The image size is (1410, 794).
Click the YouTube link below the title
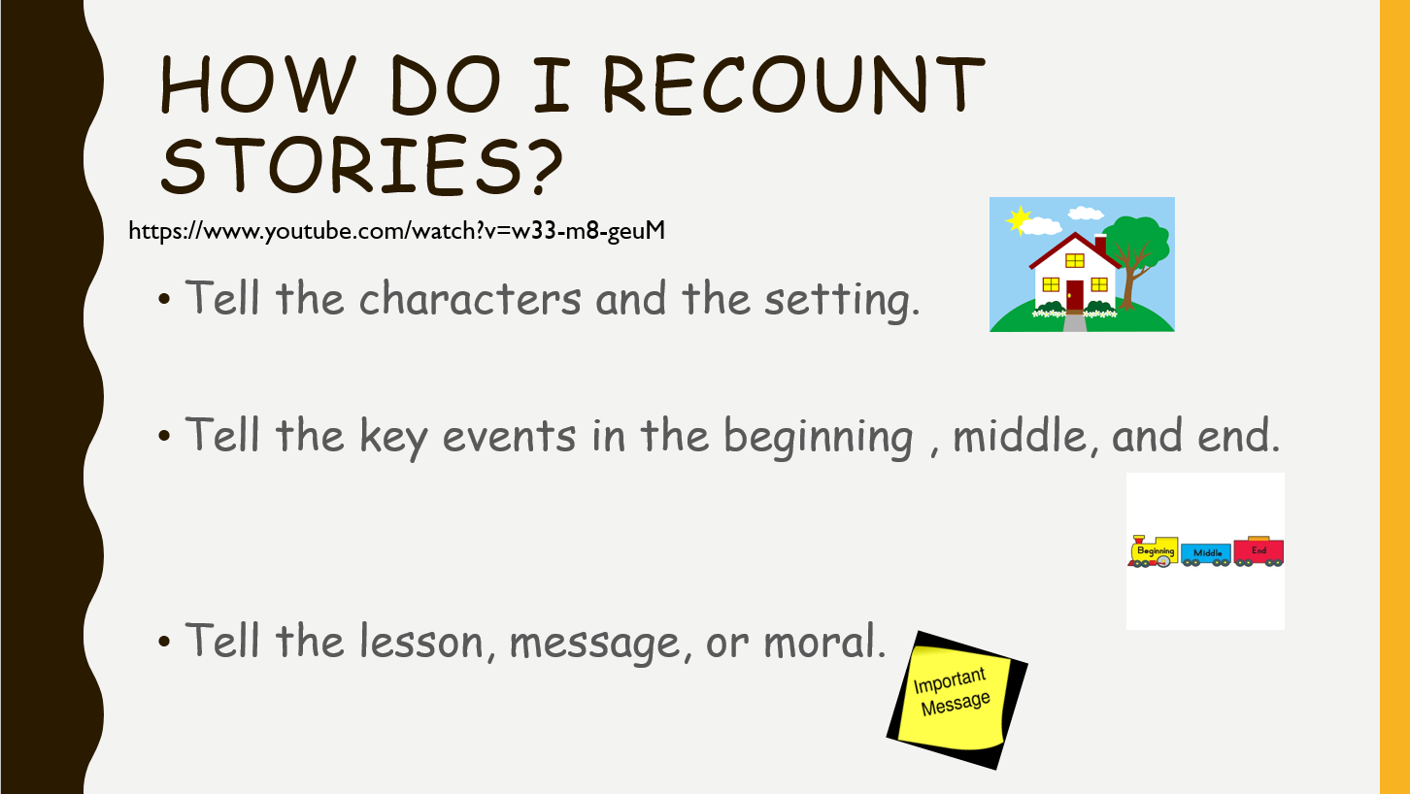tap(396, 231)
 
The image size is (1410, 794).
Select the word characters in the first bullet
tap(470, 298)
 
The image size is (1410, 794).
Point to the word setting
tap(842, 301)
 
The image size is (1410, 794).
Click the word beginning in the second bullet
tap(818, 437)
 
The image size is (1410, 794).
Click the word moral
tap(824, 641)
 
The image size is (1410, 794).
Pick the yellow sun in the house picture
tap(1018, 220)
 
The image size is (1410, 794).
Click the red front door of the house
tap(1075, 295)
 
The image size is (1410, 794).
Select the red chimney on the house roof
tap(1100, 244)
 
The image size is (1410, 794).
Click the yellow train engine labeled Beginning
tap(1154, 551)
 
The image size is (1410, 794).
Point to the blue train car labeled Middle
tap(1206, 553)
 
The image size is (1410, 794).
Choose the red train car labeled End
tap(1259, 551)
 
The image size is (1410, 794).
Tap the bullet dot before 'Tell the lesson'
tap(164, 642)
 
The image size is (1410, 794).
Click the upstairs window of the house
tap(1075, 260)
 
